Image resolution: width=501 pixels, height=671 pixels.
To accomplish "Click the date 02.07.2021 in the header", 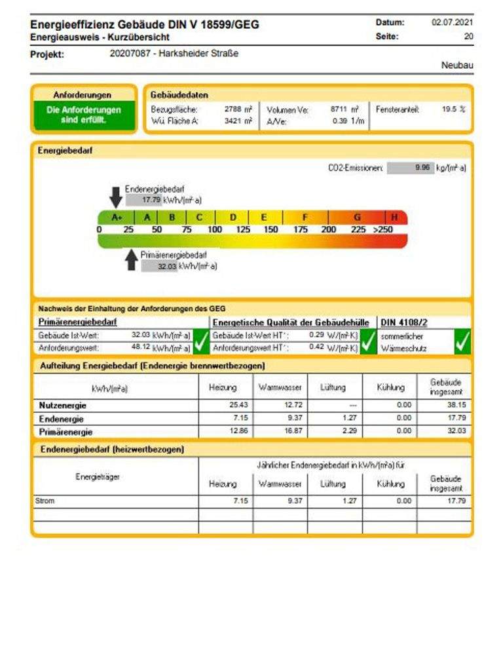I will [x=452, y=22].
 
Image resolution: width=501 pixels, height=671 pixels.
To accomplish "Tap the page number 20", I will [x=468, y=37].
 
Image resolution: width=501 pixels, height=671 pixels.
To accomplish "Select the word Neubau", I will [x=457, y=66].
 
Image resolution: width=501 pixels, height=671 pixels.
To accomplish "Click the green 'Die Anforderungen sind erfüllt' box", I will [x=84, y=115].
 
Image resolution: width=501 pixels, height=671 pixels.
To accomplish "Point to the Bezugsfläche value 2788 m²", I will [x=238, y=109].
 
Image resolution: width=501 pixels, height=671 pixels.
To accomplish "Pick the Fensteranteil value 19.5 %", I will [x=453, y=109].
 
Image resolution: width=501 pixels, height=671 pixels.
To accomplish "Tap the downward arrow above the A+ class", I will [x=115, y=196].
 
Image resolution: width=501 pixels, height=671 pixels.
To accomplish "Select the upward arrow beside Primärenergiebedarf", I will [x=132, y=260].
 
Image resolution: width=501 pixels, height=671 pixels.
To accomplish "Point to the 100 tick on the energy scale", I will [x=215, y=229].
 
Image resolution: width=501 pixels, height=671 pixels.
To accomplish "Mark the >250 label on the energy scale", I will [x=383, y=229].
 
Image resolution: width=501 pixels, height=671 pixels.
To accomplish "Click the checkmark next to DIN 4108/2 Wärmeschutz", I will [x=462, y=341].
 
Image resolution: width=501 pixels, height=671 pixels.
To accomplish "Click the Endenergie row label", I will [x=62, y=419].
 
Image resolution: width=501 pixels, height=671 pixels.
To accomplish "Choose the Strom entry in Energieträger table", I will [x=45, y=501].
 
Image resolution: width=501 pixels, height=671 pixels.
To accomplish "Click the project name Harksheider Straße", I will [x=175, y=54].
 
